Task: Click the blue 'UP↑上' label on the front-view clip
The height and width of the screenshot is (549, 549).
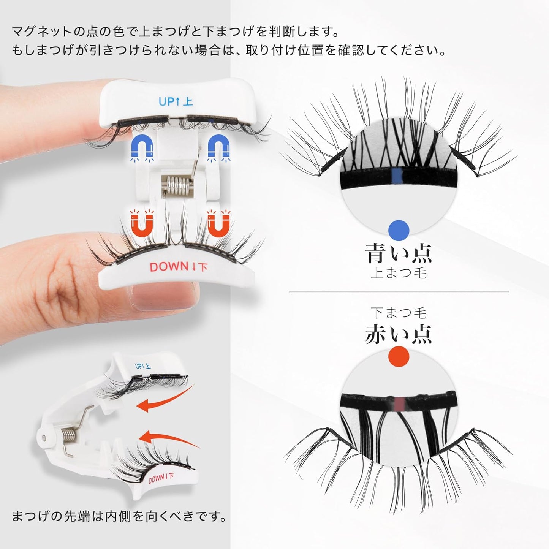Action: tap(176, 101)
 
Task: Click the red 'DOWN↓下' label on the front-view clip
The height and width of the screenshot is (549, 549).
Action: tap(179, 267)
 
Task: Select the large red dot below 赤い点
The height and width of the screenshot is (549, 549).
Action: tap(399, 356)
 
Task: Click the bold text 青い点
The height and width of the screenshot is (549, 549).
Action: tap(399, 253)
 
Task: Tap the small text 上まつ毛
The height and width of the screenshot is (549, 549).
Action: tap(399, 273)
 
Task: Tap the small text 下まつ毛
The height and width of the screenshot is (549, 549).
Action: tap(399, 313)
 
